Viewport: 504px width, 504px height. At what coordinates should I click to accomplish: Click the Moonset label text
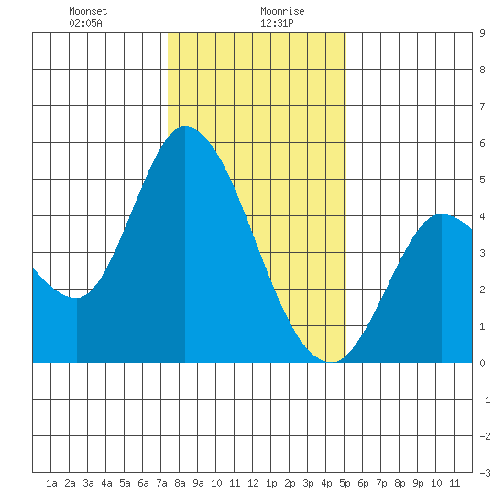point(88,11)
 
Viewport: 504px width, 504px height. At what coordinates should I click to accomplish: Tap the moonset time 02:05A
point(85,23)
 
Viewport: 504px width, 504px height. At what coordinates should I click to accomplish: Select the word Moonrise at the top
point(282,11)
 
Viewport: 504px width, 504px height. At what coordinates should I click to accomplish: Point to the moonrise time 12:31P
point(277,23)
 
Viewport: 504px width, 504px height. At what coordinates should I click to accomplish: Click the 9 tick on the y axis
point(482,33)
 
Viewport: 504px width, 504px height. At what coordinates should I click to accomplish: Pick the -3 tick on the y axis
point(485,473)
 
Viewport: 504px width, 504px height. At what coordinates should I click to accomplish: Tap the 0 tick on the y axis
point(482,363)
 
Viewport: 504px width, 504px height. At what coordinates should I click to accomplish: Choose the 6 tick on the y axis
point(482,143)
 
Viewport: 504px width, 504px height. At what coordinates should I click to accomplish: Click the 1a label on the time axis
point(51,483)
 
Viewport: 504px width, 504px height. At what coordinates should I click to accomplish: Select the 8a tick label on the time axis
point(180,483)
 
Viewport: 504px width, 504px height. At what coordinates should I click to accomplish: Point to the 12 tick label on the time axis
point(253,483)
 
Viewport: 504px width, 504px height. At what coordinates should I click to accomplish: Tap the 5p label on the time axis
point(345,483)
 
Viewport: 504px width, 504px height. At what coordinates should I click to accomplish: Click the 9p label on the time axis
point(418,483)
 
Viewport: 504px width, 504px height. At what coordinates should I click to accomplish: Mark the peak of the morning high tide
point(185,126)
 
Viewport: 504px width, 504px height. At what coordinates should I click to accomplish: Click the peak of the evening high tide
point(442,214)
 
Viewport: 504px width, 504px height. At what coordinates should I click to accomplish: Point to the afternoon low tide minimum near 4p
point(332,362)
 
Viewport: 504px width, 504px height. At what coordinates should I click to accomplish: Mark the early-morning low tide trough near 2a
point(76,298)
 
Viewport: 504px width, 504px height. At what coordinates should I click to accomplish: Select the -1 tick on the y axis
point(485,400)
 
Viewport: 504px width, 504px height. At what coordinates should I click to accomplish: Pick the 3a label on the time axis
point(88,483)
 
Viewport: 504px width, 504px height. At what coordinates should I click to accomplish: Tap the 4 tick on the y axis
point(482,216)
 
